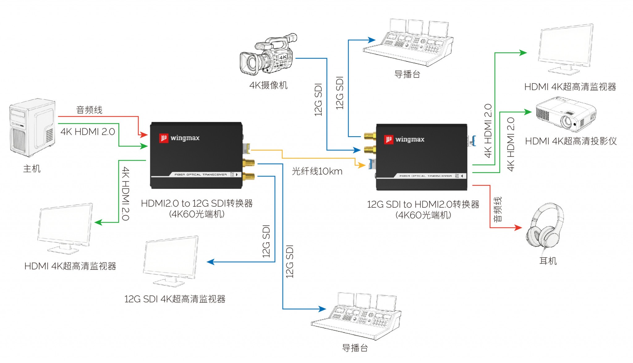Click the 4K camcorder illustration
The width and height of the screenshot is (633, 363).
pyautogui.click(x=268, y=56)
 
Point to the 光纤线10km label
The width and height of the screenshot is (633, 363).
pyautogui.click(x=317, y=171)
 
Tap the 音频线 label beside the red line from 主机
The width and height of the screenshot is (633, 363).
pyautogui.click(x=89, y=110)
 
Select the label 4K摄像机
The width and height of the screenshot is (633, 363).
pyautogui.click(x=268, y=85)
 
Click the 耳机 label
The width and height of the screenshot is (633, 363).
pyautogui.click(x=548, y=261)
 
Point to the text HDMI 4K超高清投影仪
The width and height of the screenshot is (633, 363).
pyautogui.click(x=571, y=141)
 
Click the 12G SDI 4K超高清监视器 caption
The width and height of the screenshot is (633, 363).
pyautogui.click(x=175, y=299)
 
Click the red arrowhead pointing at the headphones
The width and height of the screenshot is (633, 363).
pyautogui.click(x=518, y=228)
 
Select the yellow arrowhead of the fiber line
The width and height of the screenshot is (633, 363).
pyautogui.click(x=362, y=165)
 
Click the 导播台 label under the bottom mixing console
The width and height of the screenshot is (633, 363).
pyautogui.click(x=355, y=348)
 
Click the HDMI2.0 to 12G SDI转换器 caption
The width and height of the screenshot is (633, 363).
pyautogui.click(x=197, y=204)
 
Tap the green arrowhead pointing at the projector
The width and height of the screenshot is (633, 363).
pyautogui.click(x=527, y=112)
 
